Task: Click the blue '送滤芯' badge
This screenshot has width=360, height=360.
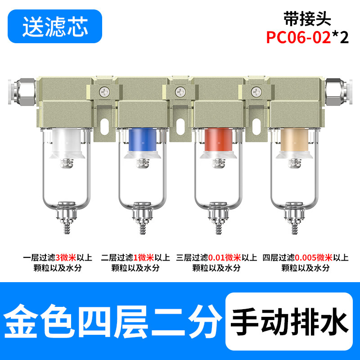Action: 55,26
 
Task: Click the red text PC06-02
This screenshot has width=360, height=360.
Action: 298,37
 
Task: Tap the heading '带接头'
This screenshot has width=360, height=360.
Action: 307,18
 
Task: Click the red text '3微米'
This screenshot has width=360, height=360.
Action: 66,257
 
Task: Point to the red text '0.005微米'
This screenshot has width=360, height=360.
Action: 313,257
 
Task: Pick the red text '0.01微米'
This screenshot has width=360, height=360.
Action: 224,257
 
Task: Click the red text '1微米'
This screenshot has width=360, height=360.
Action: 144,257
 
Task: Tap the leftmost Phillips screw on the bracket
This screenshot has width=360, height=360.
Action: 105,92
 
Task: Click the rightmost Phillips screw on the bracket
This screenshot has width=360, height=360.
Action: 256,92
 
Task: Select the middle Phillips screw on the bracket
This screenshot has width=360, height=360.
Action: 180,92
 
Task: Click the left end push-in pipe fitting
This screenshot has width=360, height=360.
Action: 22,92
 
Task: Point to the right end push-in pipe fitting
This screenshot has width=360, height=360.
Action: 339,92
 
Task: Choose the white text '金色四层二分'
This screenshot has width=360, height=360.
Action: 112,321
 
